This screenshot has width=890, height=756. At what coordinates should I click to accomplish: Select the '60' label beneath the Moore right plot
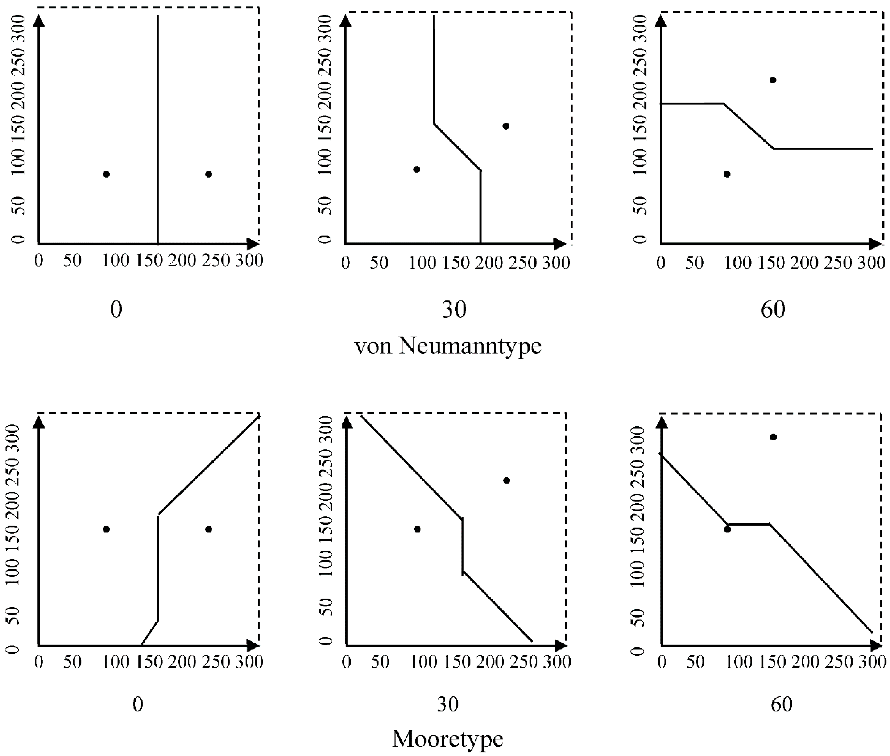pyautogui.click(x=781, y=704)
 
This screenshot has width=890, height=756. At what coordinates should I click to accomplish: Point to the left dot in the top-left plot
pyautogui.click(x=107, y=174)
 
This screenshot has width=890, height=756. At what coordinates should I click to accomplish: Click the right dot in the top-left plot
pyautogui.click(x=209, y=174)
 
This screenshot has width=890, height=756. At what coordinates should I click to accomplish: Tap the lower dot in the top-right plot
pyautogui.click(x=727, y=174)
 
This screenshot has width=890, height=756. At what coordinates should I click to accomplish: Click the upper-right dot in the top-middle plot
pyautogui.click(x=506, y=126)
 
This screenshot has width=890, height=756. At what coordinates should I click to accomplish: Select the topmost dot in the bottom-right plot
pyautogui.click(x=773, y=437)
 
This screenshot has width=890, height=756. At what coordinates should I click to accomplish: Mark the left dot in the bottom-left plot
pyautogui.click(x=107, y=529)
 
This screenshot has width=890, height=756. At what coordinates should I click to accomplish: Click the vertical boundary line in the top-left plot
pyautogui.click(x=158, y=129)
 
